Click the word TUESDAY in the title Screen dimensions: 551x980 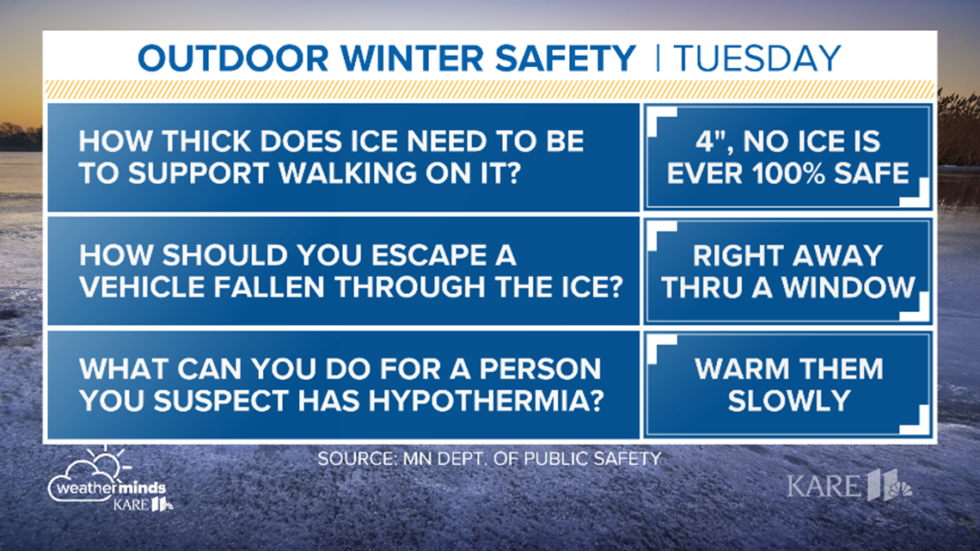[757, 58]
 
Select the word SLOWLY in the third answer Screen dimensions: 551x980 [788, 400]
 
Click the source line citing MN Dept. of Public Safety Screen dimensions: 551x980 [488, 458]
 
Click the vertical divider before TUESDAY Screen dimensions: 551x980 [657, 58]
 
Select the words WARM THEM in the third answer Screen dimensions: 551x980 [788, 369]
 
